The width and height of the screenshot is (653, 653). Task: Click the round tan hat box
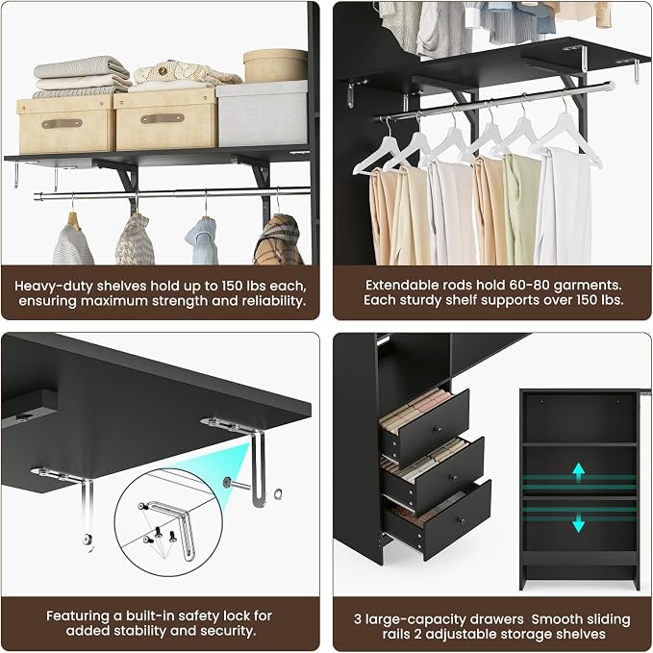click(x=275, y=65)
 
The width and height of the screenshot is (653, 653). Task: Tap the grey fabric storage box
click(x=262, y=113)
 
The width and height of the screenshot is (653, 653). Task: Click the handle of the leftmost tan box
click(x=62, y=124)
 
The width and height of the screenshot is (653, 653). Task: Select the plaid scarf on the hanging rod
click(x=278, y=240)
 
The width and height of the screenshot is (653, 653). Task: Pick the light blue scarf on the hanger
click(x=203, y=240)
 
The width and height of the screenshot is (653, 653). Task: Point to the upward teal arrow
click(x=578, y=472)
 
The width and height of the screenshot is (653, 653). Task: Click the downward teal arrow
click(x=578, y=522)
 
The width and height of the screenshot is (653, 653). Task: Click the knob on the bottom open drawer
click(x=461, y=520)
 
